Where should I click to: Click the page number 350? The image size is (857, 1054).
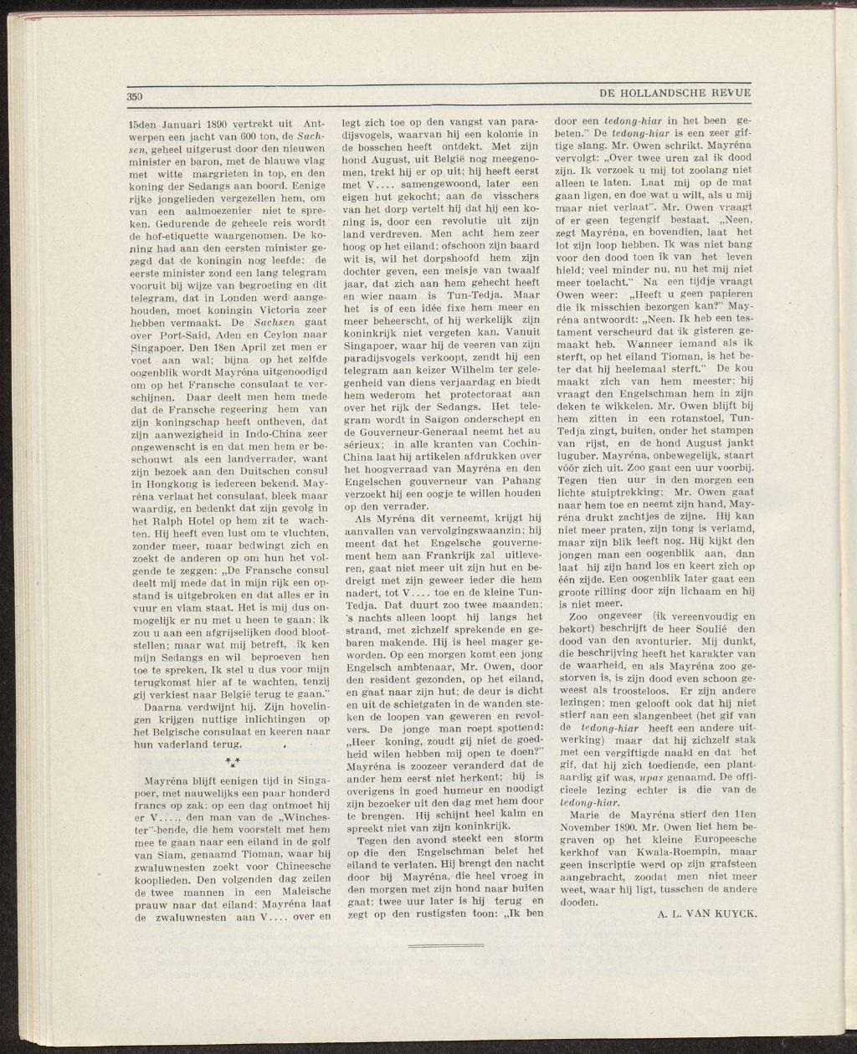[x=136, y=96]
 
